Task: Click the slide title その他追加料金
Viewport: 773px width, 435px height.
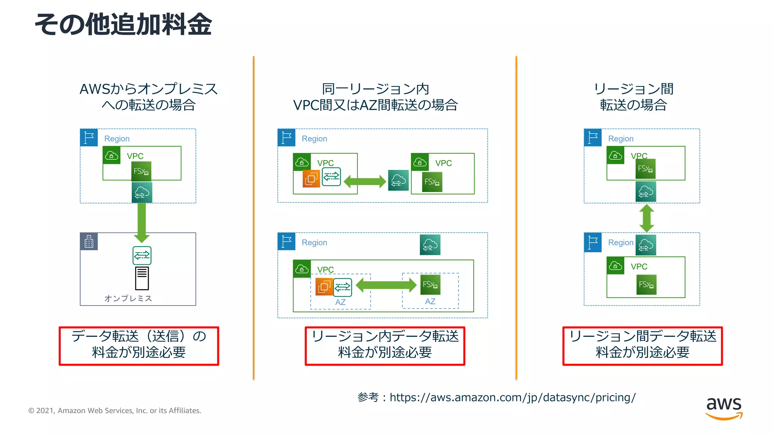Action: [123, 25]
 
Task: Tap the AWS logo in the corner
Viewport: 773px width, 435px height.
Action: [724, 408]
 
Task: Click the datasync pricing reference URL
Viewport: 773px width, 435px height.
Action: [512, 397]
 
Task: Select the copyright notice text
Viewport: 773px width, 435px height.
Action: [114, 410]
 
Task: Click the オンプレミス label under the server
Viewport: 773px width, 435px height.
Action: [128, 298]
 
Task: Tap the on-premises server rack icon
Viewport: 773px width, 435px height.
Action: [142, 278]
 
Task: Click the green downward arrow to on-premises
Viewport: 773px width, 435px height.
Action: [142, 223]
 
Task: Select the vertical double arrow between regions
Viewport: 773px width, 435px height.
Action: [647, 218]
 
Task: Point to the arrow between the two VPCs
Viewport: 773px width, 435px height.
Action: [365, 181]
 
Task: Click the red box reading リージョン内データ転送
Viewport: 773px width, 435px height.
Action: [385, 346]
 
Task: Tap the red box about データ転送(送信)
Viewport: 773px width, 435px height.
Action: [139, 346]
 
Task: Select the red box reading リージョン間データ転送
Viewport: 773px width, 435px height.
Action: [642, 346]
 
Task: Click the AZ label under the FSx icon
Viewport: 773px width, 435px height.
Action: [430, 301]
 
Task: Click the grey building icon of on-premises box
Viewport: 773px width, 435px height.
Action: [89, 242]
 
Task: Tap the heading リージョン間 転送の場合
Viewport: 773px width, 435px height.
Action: [633, 97]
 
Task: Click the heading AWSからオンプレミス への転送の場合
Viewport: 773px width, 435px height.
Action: [148, 97]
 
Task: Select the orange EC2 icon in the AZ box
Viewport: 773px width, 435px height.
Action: [324, 287]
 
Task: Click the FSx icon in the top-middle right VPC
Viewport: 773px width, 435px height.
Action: [432, 182]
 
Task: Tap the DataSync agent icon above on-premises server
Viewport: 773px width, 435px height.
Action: [142, 256]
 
